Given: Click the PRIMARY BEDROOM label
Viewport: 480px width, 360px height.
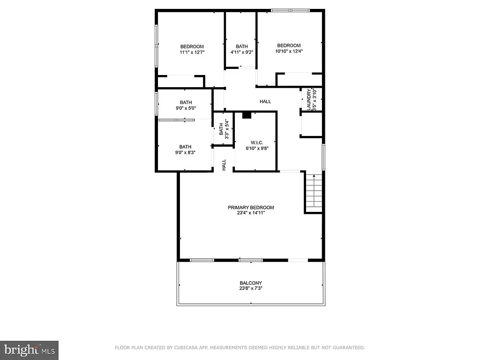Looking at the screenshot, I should point(251,208).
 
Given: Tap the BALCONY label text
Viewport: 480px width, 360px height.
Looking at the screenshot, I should point(251,283).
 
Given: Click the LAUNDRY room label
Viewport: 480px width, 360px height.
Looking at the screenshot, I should point(309,100).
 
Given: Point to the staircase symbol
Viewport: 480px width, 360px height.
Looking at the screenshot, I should point(314,193).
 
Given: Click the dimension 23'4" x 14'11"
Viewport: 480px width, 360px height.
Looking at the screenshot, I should point(251,214).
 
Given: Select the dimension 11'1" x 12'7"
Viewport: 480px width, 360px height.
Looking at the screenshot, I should point(192,52).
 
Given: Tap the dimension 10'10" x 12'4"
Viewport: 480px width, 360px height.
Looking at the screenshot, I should point(288,52).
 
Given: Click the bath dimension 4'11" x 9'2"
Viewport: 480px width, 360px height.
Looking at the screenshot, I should point(242,52).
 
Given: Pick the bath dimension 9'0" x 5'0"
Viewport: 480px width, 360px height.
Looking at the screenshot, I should point(186,108).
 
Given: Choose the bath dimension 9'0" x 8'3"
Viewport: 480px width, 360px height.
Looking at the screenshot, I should point(185,152).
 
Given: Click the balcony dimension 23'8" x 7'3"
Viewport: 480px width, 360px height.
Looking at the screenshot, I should point(251,289).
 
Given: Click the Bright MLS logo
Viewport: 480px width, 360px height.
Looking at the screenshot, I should point(29,350).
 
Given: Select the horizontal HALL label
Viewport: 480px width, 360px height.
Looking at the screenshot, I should point(265,102).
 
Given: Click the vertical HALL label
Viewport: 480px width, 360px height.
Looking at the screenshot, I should point(224,165).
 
